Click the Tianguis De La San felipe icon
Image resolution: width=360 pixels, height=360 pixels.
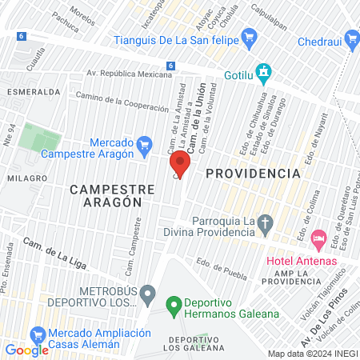[x=249, y=36]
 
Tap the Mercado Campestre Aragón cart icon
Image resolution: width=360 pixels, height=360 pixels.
[x=145, y=145]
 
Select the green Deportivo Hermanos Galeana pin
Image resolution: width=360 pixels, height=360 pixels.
[x=171, y=303]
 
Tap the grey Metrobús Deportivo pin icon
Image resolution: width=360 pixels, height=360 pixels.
[x=146, y=295]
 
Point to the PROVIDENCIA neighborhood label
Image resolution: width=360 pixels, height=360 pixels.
[x=253, y=173]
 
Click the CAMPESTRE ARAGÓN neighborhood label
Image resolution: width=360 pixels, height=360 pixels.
[x=106, y=196]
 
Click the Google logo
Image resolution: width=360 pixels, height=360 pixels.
[x=26, y=350]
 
